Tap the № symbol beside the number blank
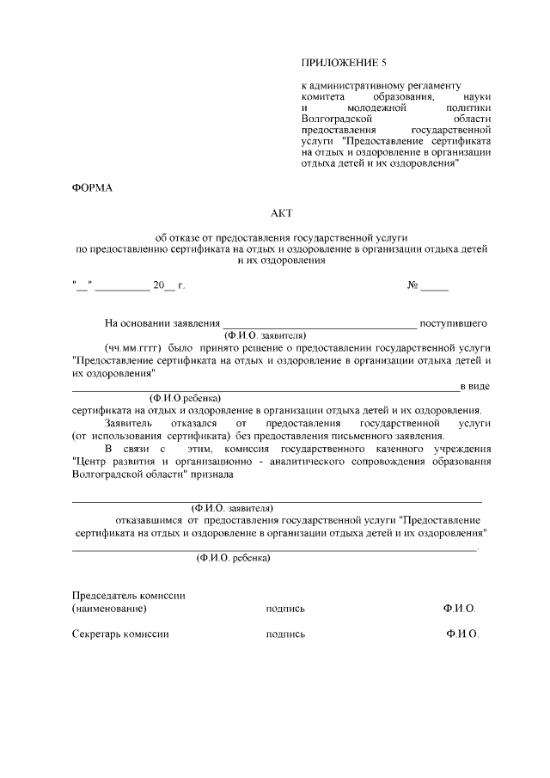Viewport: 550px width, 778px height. pos(412,285)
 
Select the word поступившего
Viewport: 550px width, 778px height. pos(454,323)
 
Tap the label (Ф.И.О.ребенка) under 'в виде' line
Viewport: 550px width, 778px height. pos(185,398)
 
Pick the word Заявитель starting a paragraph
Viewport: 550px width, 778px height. pos(129,424)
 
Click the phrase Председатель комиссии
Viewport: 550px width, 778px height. pos(129,596)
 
